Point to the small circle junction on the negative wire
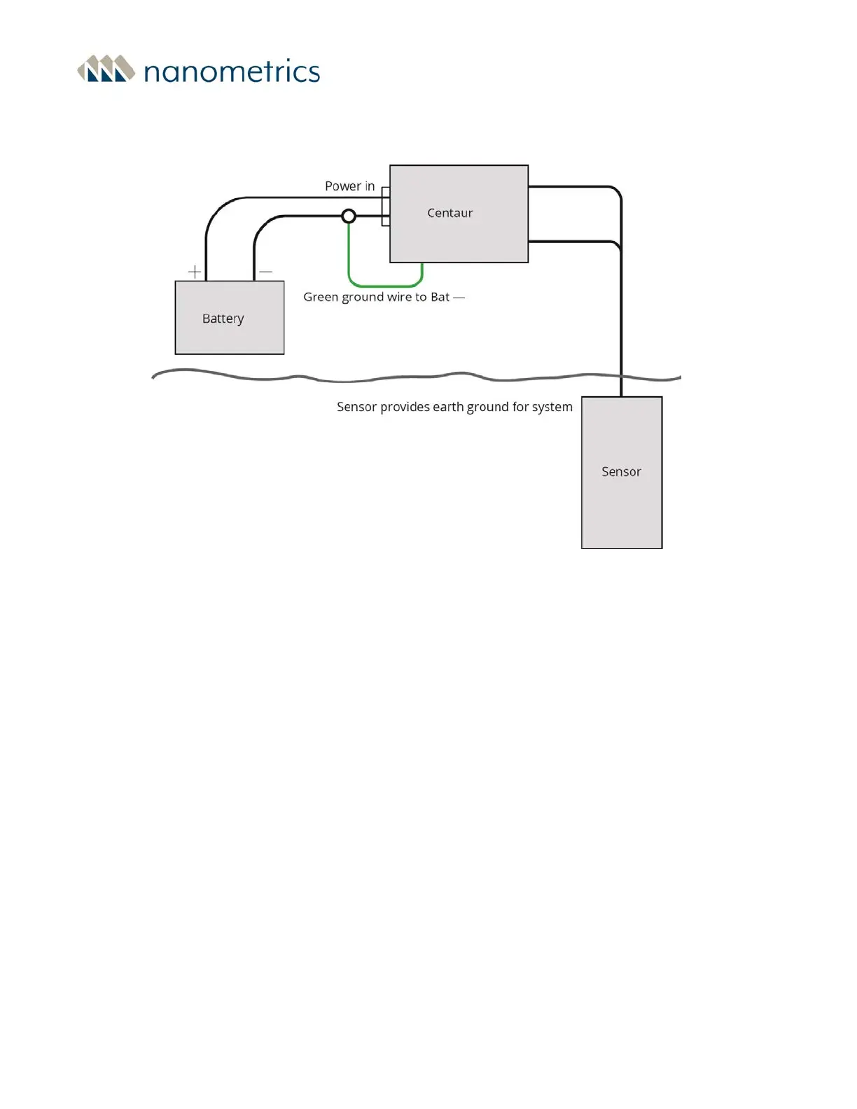pyautogui.click(x=349, y=216)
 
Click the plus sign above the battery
pyautogui.click(x=195, y=272)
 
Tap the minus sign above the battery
pyautogui.click(x=265, y=272)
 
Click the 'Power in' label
pyautogui.click(x=349, y=186)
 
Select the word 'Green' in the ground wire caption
pyautogui.click(x=321, y=297)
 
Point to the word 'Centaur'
pyautogui.click(x=450, y=213)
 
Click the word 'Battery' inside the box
pyautogui.click(x=223, y=319)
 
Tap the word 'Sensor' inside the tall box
pyautogui.click(x=621, y=472)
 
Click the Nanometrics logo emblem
pyautogui.click(x=106, y=69)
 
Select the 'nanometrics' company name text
pyautogui.click(x=232, y=71)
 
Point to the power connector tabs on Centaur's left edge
pyautogui.click(x=385, y=207)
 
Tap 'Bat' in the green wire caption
pyautogui.click(x=440, y=297)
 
